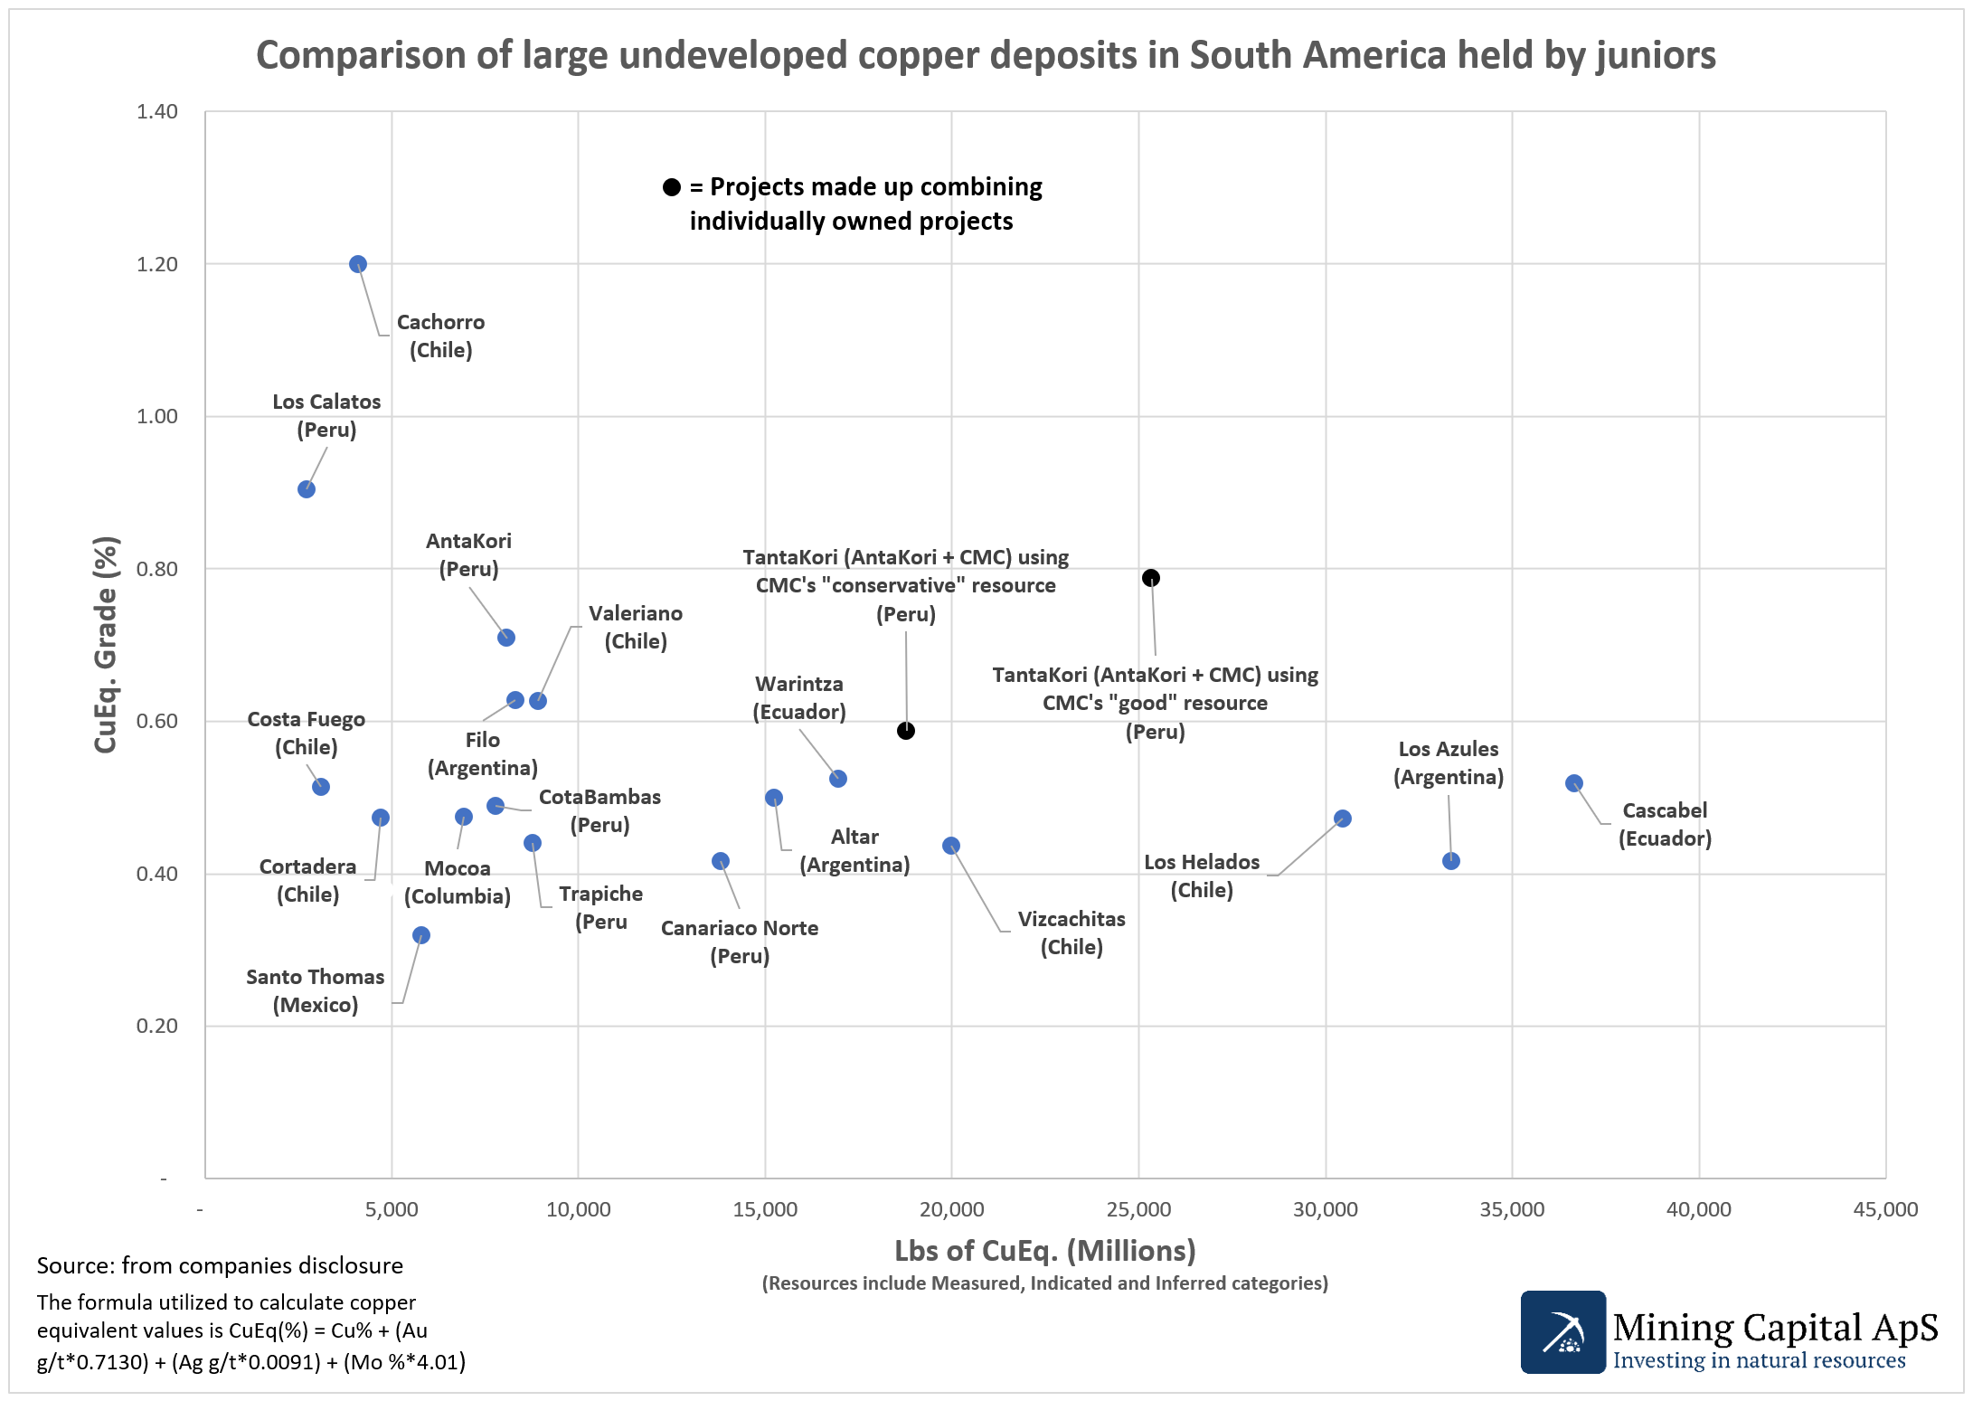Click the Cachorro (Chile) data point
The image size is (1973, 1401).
point(358,264)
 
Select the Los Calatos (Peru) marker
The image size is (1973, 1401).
point(307,489)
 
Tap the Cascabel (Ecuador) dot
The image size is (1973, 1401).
point(1573,783)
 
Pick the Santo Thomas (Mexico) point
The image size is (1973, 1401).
point(420,935)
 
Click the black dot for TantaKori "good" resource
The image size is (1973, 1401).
point(1150,578)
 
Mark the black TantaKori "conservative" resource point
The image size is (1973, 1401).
point(906,731)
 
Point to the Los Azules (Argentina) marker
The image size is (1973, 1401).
point(1451,861)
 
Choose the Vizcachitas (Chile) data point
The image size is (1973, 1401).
point(951,846)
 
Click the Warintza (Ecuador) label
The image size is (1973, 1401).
point(799,697)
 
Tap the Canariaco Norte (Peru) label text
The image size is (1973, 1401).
point(740,942)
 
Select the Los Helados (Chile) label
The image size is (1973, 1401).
point(1202,876)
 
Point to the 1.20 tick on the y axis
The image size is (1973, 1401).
point(157,264)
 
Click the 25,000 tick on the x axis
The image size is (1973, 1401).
point(1138,1209)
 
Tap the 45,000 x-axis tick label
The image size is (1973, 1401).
point(1885,1209)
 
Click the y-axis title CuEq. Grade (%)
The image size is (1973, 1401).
point(106,644)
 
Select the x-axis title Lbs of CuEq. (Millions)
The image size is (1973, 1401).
point(1044,1251)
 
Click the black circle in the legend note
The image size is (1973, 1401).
point(671,187)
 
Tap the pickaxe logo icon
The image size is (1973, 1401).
point(1562,1332)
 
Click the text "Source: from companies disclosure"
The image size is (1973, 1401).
point(220,1265)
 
